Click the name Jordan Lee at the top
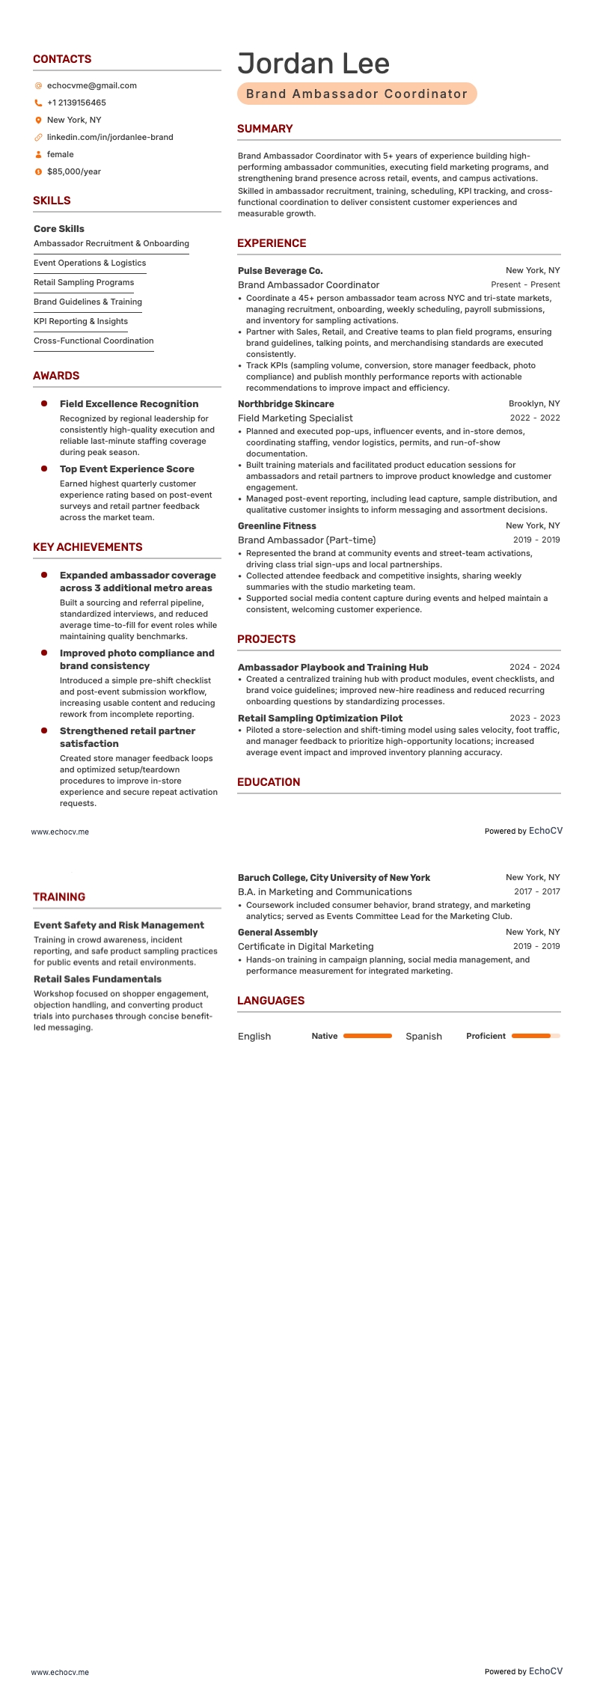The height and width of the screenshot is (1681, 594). (x=313, y=64)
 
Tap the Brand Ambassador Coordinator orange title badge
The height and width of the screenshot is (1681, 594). (x=357, y=94)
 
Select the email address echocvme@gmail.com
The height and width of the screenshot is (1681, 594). (x=91, y=85)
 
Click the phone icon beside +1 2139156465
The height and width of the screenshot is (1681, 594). (x=38, y=103)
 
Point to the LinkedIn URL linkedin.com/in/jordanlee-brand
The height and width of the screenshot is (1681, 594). (x=110, y=137)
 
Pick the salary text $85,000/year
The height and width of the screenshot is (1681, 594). (x=73, y=171)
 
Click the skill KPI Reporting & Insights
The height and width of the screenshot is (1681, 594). (x=81, y=321)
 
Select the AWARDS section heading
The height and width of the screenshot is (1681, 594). (x=56, y=376)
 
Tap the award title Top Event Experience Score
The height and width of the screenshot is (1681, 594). (x=127, y=469)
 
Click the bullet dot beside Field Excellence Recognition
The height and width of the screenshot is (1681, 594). (x=44, y=403)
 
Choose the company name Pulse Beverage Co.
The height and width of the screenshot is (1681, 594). (x=280, y=270)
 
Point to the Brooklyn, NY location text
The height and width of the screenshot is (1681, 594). (x=533, y=403)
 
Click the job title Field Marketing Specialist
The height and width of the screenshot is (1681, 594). (x=295, y=418)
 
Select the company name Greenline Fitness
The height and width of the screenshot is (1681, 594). (x=277, y=525)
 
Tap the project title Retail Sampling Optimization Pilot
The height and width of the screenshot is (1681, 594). (x=320, y=718)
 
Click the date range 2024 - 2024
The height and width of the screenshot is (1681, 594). (x=534, y=667)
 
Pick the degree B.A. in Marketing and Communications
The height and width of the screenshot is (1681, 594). (x=325, y=891)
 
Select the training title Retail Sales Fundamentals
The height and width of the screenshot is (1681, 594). (x=97, y=979)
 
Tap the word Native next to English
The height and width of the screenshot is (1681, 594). (x=325, y=1036)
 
